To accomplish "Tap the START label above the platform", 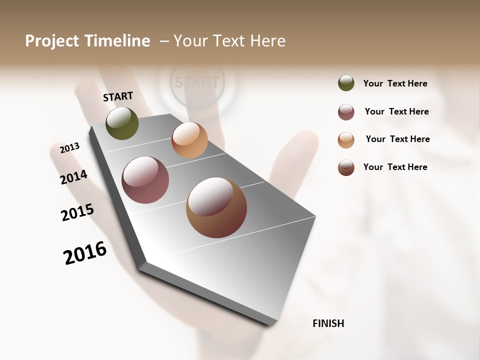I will (118, 96).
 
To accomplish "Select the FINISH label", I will (328, 323).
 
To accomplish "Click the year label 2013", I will (70, 148).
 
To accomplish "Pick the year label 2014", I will (74, 177).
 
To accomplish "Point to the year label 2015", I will (77, 212).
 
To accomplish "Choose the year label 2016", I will (85, 252).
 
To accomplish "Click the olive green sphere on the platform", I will (122, 123).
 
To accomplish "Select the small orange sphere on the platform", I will (189, 140).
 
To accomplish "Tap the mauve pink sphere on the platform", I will (145, 180).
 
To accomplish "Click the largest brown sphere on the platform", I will (216, 207).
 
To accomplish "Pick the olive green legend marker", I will (346, 83).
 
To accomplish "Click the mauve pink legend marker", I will (346, 112).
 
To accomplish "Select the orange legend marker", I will (346, 140).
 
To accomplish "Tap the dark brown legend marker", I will (346, 167).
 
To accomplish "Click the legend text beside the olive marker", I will (395, 83).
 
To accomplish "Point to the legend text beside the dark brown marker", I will (395, 167).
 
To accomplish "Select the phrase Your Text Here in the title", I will (229, 41).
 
